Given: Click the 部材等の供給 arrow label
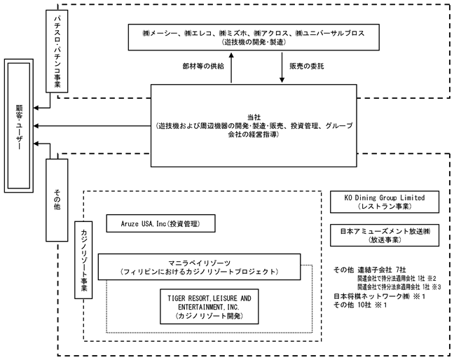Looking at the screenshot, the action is click(203, 67).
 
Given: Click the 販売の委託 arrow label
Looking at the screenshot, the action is click(307, 67).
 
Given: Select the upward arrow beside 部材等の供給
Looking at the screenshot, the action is click(231, 67).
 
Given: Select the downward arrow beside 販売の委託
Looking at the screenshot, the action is click(282, 67).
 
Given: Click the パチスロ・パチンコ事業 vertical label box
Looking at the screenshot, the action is click(57, 51).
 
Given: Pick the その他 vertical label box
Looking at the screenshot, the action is click(57, 200).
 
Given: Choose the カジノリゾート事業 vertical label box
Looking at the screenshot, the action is click(83, 260).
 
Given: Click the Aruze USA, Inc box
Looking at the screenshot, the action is click(160, 223).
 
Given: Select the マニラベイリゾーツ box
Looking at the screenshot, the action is click(199, 267).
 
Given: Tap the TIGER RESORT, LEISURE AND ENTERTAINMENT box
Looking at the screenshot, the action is click(209, 307).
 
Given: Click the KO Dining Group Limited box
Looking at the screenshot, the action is click(385, 202).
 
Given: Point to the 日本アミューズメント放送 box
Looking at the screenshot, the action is click(385, 235).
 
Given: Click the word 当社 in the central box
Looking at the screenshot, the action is click(254, 117).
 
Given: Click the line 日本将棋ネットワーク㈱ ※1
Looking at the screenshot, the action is click(379, 296).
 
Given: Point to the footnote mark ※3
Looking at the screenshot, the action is click(436, 286).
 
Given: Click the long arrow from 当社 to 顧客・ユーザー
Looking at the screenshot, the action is click(92, 126).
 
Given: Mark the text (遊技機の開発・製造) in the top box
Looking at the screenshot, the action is click(254, 42).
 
